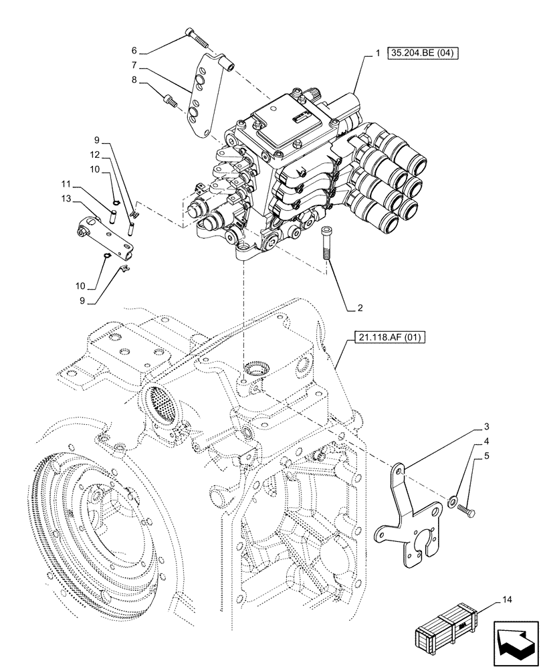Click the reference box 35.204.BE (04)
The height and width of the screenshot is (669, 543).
(x=421, y=53)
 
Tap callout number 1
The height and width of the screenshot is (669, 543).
(x=378, y=53)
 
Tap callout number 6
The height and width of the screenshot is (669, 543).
(x=134, y=50)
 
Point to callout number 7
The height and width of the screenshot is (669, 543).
(x=134, y=66)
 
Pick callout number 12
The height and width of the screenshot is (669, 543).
(x=96, y=155)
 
